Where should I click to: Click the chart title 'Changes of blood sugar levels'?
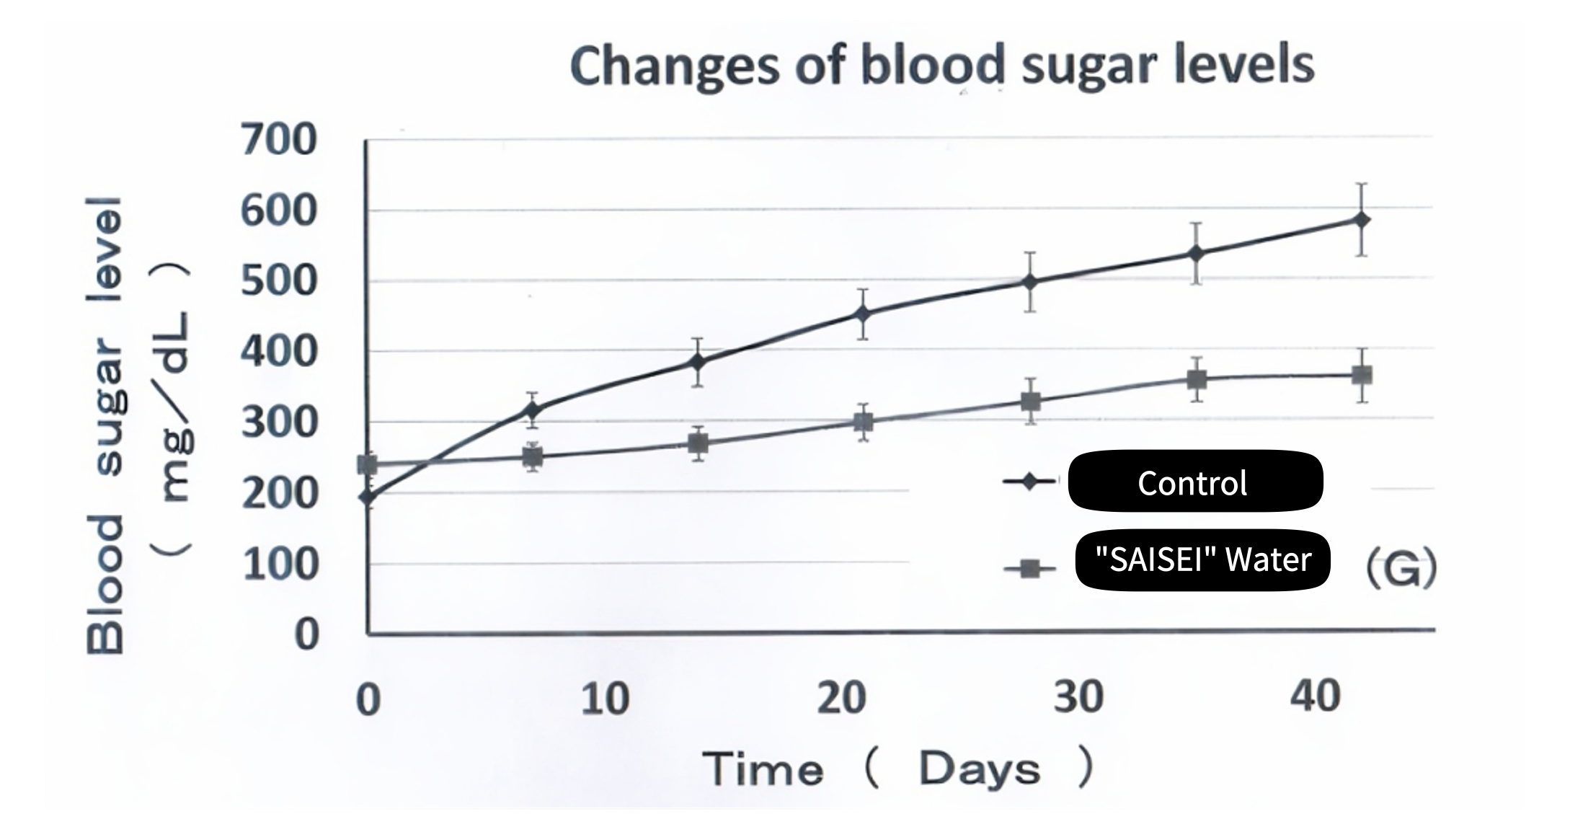tap(941, 66)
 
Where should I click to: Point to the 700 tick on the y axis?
tap(278, 140)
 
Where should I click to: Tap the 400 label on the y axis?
tap(278, 353)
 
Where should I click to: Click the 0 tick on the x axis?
tap(368, 699)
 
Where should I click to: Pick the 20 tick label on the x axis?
tap(841, 698)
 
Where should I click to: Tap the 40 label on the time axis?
tap(1315, 696)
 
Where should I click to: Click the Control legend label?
tap(1194, 482)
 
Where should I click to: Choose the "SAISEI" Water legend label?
tap(1202, 560)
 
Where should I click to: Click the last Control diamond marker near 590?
tap(1361, 220)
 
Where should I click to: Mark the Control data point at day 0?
tap(368, 496)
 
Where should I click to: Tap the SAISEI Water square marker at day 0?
tap(368, 464)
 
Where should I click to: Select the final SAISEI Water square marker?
tap(1361, 375)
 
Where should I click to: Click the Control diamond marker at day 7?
tap(533, 410)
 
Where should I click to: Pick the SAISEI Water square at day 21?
tap(863, 422)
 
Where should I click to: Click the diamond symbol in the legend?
tap(1029, 482)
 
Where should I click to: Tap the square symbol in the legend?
tap(1029, 570)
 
